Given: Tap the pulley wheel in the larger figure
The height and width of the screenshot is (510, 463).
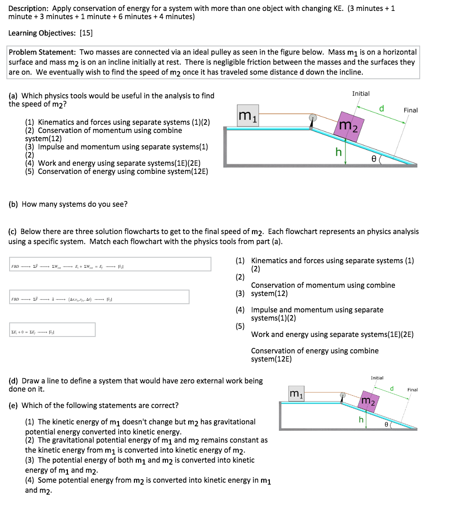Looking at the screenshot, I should pyautogui.click(x=313, y=118).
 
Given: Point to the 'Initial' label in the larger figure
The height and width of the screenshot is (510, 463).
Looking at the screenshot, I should pyautogui.click(x=361, y=93).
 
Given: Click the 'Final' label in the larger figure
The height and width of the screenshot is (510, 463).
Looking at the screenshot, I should pyautogui.click(x=410, y=110).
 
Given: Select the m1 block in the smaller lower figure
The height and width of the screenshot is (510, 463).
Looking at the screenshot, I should pyautogui.click(x=297, y=393).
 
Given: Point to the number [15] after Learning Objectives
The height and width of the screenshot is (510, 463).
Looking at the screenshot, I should pyautogui.click(x=86, y=33).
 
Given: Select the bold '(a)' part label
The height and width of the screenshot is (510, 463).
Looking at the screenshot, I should pyautogui.click(x=14, y=96).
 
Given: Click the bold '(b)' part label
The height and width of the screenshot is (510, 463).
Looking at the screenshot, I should pyautogui.click(x=14, y=204).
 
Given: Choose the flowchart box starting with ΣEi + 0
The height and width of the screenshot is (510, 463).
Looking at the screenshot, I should pyautogui.click(x=51, y=330).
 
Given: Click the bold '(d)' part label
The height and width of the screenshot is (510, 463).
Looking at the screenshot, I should pyautogui.click(x=14, y=381).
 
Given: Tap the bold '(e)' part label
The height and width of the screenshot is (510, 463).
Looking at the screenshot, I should pyautogui.click(x=14, y=405).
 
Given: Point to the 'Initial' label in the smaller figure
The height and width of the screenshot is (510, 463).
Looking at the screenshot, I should pyautogui.click(x=377, y=378).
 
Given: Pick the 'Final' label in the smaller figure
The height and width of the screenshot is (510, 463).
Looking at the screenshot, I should pyautogui.click(x=412, y=390).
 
